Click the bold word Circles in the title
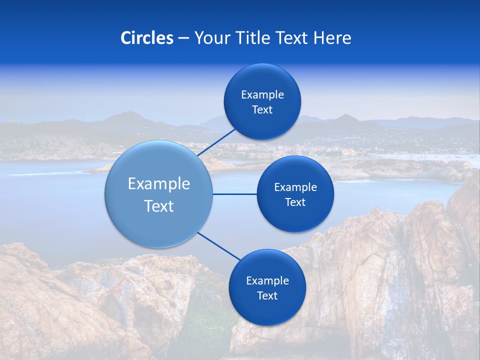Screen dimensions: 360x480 147,38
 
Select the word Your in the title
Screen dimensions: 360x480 210,38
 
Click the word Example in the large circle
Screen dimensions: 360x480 159,184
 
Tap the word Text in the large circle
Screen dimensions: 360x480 159,206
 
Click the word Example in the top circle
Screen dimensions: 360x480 262,94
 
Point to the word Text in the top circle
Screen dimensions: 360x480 262,109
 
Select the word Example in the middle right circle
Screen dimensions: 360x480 295,187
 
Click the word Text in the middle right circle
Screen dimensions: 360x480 295,202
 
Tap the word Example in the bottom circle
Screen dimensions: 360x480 267,280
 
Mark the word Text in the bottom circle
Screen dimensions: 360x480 267,295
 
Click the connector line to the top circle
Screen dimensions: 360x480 217,143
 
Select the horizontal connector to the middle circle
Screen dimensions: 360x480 234,194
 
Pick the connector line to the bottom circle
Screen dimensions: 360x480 218,245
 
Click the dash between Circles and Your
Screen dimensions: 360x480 183,38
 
